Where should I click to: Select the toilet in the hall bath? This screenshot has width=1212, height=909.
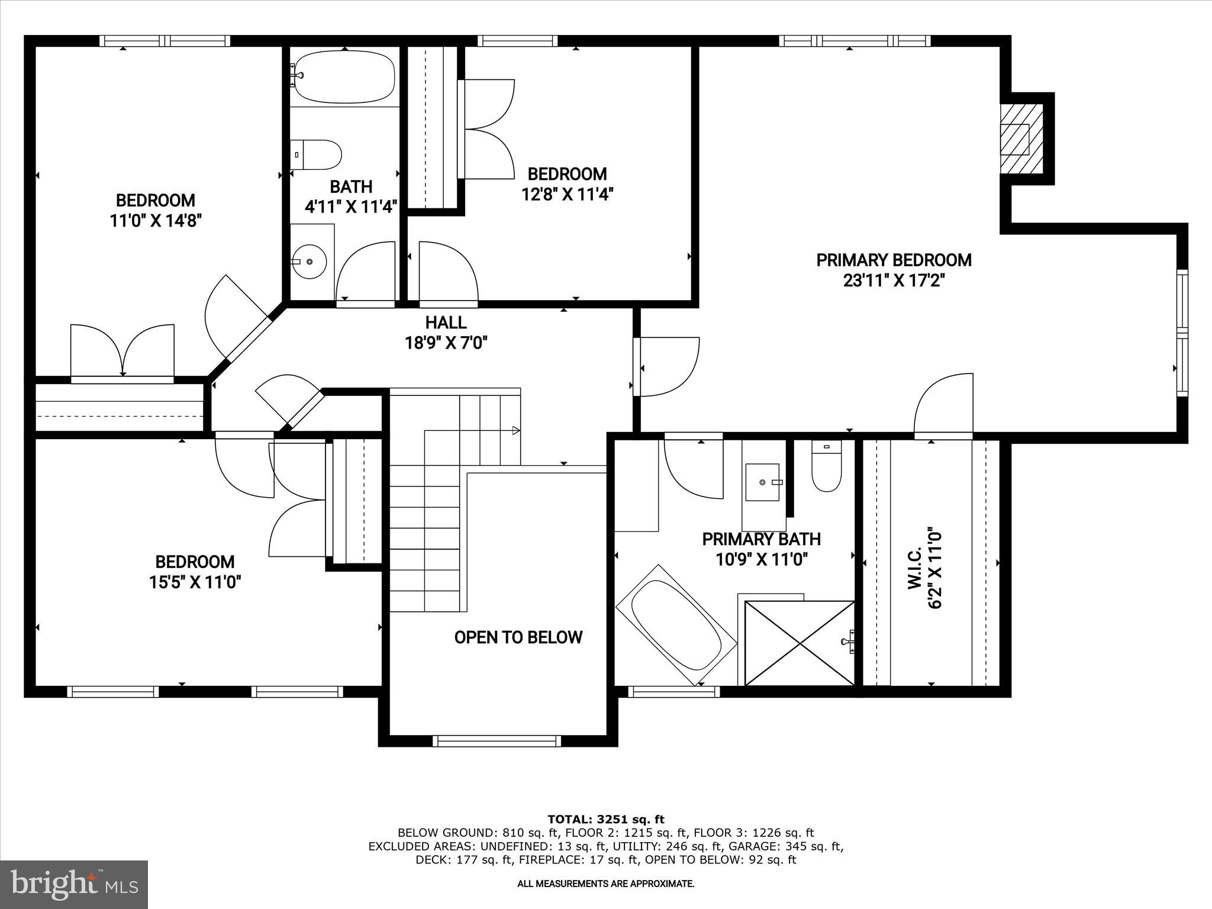(317, 154)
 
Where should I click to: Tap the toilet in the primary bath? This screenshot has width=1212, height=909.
(827, 467)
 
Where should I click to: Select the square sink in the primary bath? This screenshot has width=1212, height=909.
(763, 482)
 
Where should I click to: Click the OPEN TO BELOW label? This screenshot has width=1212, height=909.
(518, 637)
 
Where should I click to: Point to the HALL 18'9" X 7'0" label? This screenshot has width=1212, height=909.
(446, 332)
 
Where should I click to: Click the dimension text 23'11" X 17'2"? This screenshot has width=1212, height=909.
(893, 281)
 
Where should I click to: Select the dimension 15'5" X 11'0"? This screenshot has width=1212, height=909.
(195, 582)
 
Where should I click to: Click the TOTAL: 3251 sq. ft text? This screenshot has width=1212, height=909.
(605, 820)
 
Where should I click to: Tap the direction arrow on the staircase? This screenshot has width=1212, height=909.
(515, 430)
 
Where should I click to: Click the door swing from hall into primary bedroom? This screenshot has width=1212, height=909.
(669, 366)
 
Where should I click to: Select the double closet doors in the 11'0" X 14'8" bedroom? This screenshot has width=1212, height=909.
(123, 353)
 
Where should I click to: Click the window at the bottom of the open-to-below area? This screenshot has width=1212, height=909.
(497, 741)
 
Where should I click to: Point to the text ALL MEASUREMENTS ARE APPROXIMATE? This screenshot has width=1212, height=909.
(605, 884)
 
